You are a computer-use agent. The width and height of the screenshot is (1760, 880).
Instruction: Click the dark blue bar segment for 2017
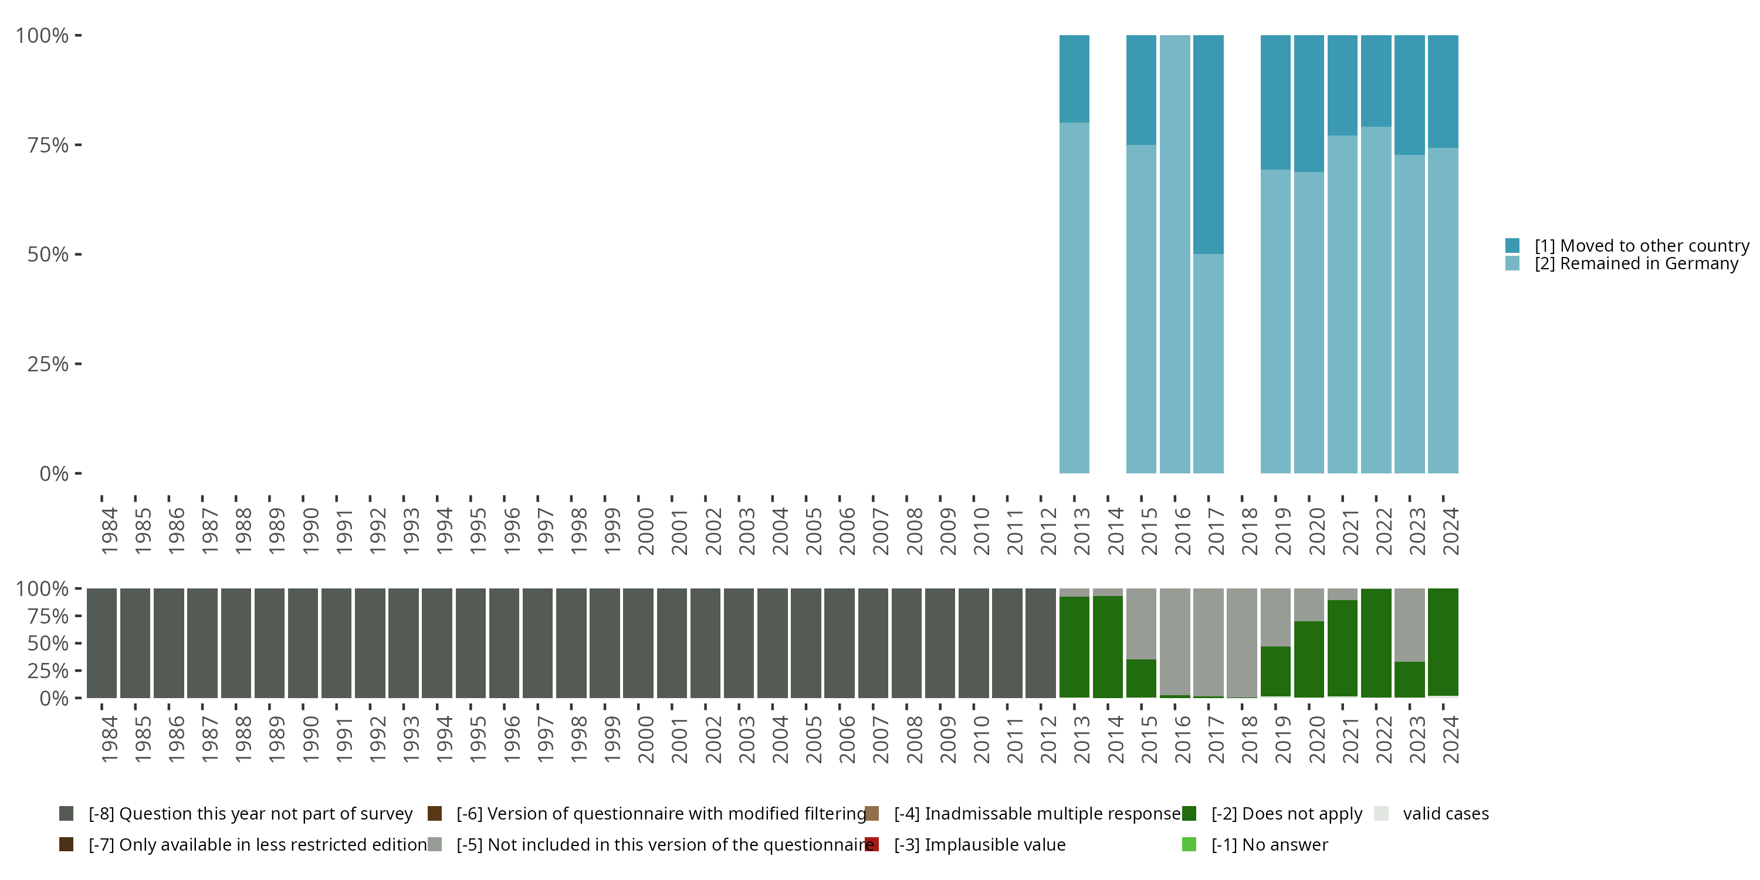click(1208, 144)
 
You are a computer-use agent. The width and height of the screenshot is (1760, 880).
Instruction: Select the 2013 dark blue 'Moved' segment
click(1074, 79)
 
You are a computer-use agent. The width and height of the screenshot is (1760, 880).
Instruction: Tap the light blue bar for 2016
click(1175, 254)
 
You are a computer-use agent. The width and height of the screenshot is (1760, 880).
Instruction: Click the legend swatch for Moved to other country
click(1512, 245)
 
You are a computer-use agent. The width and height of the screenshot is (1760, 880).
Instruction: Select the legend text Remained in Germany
click(1636, 264)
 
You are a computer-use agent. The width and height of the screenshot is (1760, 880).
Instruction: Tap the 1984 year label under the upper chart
click(109, 531)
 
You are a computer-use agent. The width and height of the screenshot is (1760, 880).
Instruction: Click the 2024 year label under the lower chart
click(1450, 739)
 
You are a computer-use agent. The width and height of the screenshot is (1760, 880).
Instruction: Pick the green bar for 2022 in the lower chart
click(1376, 643)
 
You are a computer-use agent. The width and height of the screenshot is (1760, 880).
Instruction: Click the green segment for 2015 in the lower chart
click(1141, 678)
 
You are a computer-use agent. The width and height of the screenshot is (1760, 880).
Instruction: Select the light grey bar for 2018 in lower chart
click(1241, 642)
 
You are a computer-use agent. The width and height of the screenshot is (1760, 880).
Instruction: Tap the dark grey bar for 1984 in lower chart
click(101, 643)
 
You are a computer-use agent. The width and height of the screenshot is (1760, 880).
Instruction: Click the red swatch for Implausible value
click(872, 844)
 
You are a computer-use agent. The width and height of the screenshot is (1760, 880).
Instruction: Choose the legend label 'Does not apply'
click(1287, 814)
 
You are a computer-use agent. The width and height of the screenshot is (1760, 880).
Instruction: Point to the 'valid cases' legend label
click(1446, 814)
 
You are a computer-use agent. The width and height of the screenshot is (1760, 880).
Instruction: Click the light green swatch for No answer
click(1189, 844)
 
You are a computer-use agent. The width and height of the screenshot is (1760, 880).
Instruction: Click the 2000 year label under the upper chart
click(646, 531)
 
